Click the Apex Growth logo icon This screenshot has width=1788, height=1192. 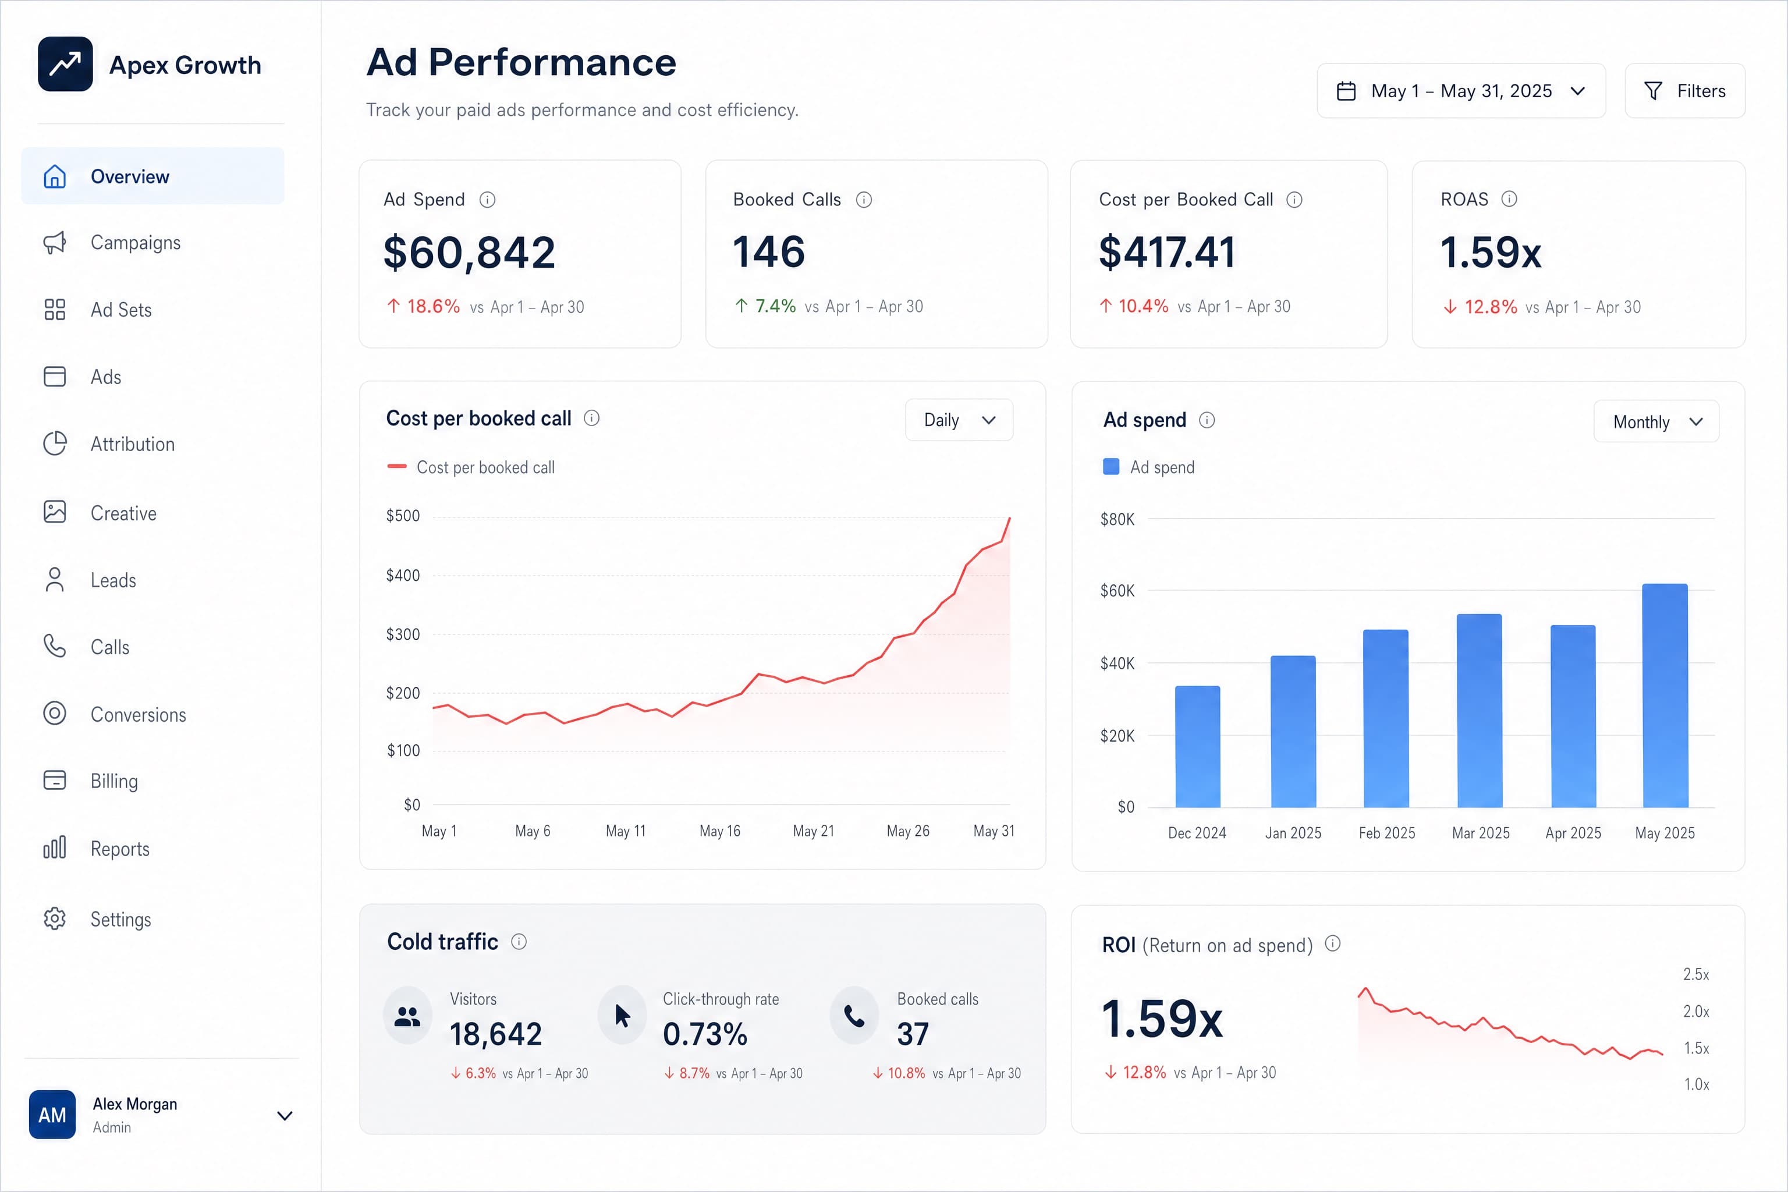[x=65, y=64]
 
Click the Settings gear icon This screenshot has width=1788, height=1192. [x=55, y=918]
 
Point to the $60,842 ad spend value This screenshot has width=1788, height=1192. [x=469, y=253]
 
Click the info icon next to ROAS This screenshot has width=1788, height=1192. [x=1509, y=199]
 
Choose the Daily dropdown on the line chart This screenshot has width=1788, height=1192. [x=959, y=420]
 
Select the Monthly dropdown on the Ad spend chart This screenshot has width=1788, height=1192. [x=1656, y=421]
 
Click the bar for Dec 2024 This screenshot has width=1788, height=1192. [x=1197, y=747]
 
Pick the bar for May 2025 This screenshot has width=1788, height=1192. [x=1665, y=696]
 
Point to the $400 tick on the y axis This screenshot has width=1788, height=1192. [x=403, y=576]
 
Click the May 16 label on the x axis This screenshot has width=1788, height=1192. [x=719, y=831]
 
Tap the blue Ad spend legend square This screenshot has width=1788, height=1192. [x=1111, y=467]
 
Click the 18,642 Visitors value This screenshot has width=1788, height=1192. [x=496, y=1034]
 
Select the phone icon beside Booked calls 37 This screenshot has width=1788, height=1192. [x=854, y=1016]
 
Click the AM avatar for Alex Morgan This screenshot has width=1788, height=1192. [x=52, y=1115]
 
